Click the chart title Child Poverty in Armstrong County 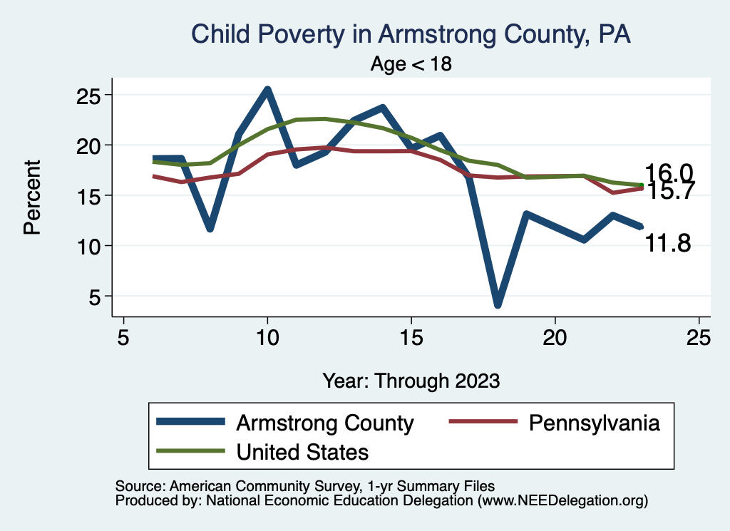(411, 34)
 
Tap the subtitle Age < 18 (411, 63)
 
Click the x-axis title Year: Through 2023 (411, 380)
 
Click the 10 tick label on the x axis (267, 337)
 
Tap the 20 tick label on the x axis (555, 337)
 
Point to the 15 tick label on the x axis (411, 337)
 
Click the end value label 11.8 (668, 244)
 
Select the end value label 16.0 (668, 172)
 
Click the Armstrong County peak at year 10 (267, 90)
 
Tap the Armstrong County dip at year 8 (210, 229)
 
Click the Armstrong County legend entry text (324, 423)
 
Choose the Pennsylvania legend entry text (594, 423)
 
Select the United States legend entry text (302, 451)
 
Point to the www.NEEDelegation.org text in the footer (563, 501)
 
